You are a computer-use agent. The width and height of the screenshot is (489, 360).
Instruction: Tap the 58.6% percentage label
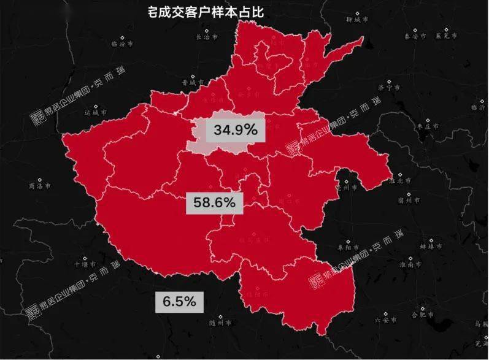point(214,202)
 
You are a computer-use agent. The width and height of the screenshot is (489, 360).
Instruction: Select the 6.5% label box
point(179,301)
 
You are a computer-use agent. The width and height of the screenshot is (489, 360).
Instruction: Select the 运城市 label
point(96,112)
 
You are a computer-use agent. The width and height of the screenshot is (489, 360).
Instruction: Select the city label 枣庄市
point(428,126)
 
